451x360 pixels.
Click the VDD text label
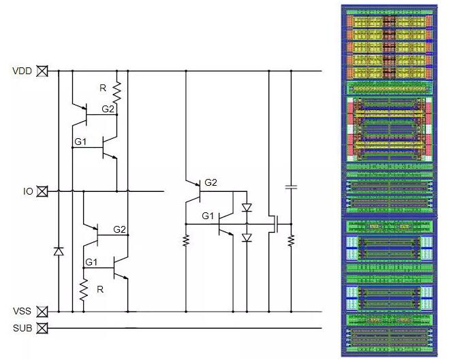pyautogui.click(x=21, y=71)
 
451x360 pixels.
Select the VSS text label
pyautogui.click(x=21, y=312)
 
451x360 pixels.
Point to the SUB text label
pyautogui.click(x=21, y=329)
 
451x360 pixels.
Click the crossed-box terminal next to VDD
pyautogui.click(x=42, y=71)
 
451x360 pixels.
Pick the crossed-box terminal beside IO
pyautogui.click(x=42, y=192)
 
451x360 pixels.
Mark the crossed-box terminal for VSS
pyautogui.click(x=42, y=312)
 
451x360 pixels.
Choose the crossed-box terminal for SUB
pyautogui.click(x=42, y=329)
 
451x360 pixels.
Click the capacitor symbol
pyautogui.click(x=291, y=185)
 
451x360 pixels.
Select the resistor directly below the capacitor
pyautogui.click(x=291, y=240)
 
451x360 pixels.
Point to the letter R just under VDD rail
pyautogui.click(x=103, y=88)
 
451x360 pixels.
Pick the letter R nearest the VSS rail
pyautogui.click(x=99, y=289)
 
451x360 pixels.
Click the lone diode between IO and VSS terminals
pyautogui.click(x=58, y=252)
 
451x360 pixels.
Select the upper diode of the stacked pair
pyautogui.click(x=247, y=207)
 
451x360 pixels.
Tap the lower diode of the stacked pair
pyautogui.click(x=247, y=238)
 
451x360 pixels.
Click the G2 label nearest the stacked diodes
pyautogui.click(x=211, y=182)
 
